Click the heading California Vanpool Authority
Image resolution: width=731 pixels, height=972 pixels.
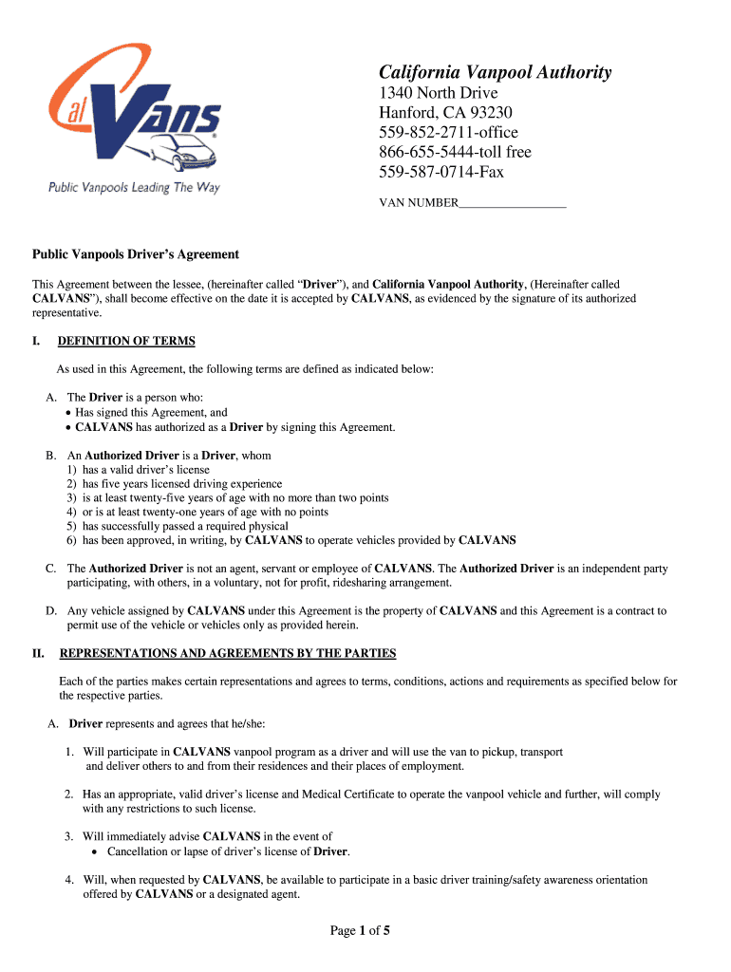[x=495, y=73]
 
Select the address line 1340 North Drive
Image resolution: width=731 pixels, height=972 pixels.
[x=438, y=93]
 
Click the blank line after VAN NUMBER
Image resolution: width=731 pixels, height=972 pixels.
[x=513, y=203]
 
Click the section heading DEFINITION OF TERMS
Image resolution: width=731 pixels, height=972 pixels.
[x=126, y=341]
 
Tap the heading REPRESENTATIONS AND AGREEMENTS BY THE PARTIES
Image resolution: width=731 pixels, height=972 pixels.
[x=228, y=654]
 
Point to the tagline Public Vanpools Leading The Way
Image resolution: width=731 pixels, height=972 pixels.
[x=135, y=188]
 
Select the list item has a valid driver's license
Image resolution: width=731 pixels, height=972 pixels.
[x=146, y=470]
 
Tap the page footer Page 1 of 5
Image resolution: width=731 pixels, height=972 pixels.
[x=360, y=931]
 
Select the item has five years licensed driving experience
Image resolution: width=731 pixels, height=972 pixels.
[x=182, y=484]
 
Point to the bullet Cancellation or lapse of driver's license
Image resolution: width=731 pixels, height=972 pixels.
[x=221, y=851]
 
